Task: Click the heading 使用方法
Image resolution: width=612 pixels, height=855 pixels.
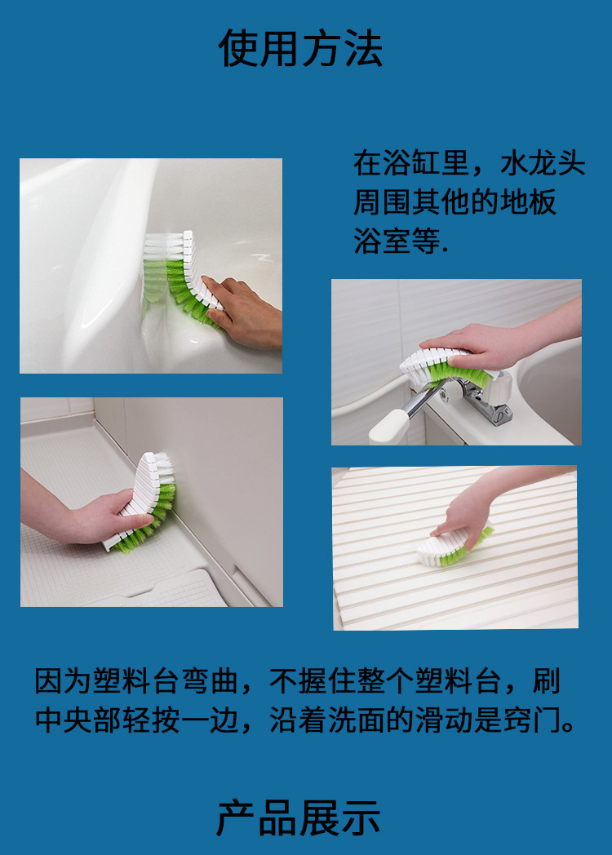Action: coord(300,48)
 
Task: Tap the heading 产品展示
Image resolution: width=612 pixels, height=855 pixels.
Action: coord(299,817)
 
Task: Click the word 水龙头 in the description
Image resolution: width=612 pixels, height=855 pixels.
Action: coord(543,163)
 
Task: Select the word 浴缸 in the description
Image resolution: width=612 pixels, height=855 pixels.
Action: coord(397,163)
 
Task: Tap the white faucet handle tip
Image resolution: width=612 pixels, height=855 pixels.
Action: coord(388,427)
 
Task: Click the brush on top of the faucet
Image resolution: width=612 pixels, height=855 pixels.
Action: coord(445,368)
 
